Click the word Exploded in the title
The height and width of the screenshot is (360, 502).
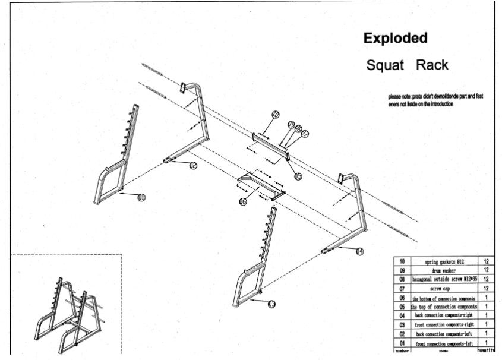(x=395, y=39)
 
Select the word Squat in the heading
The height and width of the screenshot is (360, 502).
(x=385, y=65)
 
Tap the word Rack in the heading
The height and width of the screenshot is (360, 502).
(x=432, y=65)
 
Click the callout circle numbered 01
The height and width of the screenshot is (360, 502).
(x=141, y=197)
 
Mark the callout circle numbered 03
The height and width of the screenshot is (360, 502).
(x=271, y=304)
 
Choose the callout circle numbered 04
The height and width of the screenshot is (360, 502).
(x=359, y=251)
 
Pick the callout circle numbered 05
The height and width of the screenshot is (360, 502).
(x=298, y=176)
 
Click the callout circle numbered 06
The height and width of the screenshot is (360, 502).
(x=243, y=202)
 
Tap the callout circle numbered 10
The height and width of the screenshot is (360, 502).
(x=275, y=114)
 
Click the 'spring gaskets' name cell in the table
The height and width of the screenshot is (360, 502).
(x=444, y=261)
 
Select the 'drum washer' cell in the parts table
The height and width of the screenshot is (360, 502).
(x=444, y=270)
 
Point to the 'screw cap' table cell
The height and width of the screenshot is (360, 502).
(x=444, y=288)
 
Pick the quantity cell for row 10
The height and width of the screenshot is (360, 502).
(x=486, y=261)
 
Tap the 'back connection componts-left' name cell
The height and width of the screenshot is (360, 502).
(x=444, y=334)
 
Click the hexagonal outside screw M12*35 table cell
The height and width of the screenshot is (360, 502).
(x=444, y=279)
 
